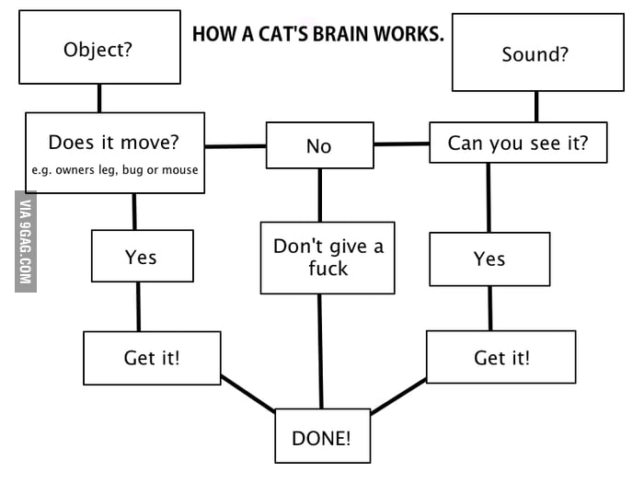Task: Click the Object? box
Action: (x=98, y=48)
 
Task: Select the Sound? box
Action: (x=535, y=53)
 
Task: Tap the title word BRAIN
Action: (x=344, y=34)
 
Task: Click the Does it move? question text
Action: (x=113, y=143)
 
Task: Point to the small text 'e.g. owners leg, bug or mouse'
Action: (x=115, y=170)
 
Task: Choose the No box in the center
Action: (x=318, y=146)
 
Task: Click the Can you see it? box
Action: (x=517, y=143)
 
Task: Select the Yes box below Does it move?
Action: (x=142, y=256)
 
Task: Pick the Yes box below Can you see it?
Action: (x=489, y=259)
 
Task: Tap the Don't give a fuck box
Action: (x=328, y=257)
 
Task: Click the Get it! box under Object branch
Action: (x=152, y=357)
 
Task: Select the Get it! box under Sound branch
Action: (x=500, y=357)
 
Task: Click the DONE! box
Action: (x=321, y=437)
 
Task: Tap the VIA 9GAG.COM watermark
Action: (x=26, y=241)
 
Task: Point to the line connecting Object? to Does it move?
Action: (x=98, y=98)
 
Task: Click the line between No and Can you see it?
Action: (x=401, y=144)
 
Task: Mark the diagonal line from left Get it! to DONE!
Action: (x=248, y=394)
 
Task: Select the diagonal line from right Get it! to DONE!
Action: (x=397, y=396)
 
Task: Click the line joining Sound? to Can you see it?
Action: (x=535, y=107)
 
